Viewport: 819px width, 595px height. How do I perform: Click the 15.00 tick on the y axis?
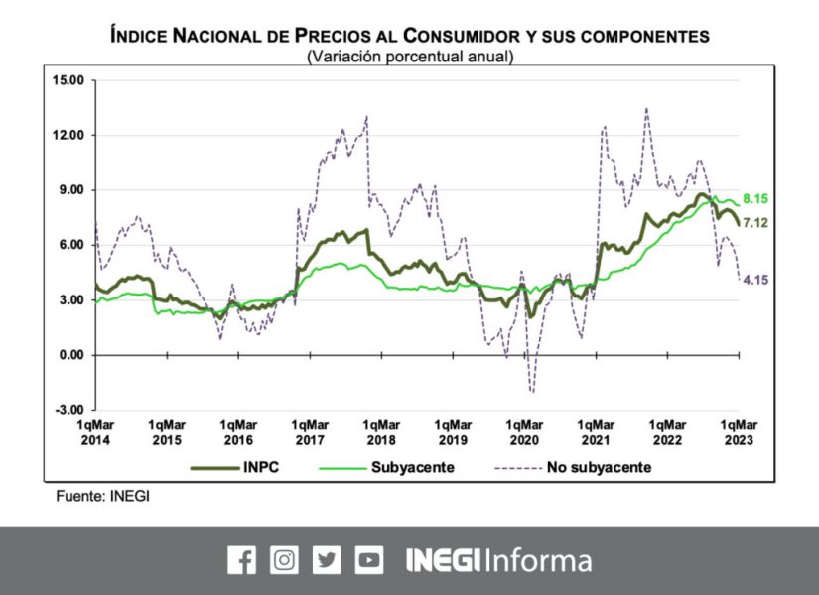[69, 80]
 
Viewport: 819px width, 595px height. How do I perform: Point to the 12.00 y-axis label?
[69, 135]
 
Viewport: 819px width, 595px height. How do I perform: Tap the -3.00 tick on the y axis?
[69, 410]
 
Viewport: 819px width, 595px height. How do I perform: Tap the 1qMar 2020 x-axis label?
[524, 431]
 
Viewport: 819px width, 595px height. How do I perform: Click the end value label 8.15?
[756, 199]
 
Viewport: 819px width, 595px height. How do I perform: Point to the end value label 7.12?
[756, 222]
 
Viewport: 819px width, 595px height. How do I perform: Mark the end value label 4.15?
[756, 281]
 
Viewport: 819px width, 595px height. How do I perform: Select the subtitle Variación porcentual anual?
[410, 57]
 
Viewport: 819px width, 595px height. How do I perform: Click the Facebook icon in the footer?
[241, 560]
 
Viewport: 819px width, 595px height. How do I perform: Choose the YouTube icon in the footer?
[369, 560]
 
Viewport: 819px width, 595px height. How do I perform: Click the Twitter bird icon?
[327, 560]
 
